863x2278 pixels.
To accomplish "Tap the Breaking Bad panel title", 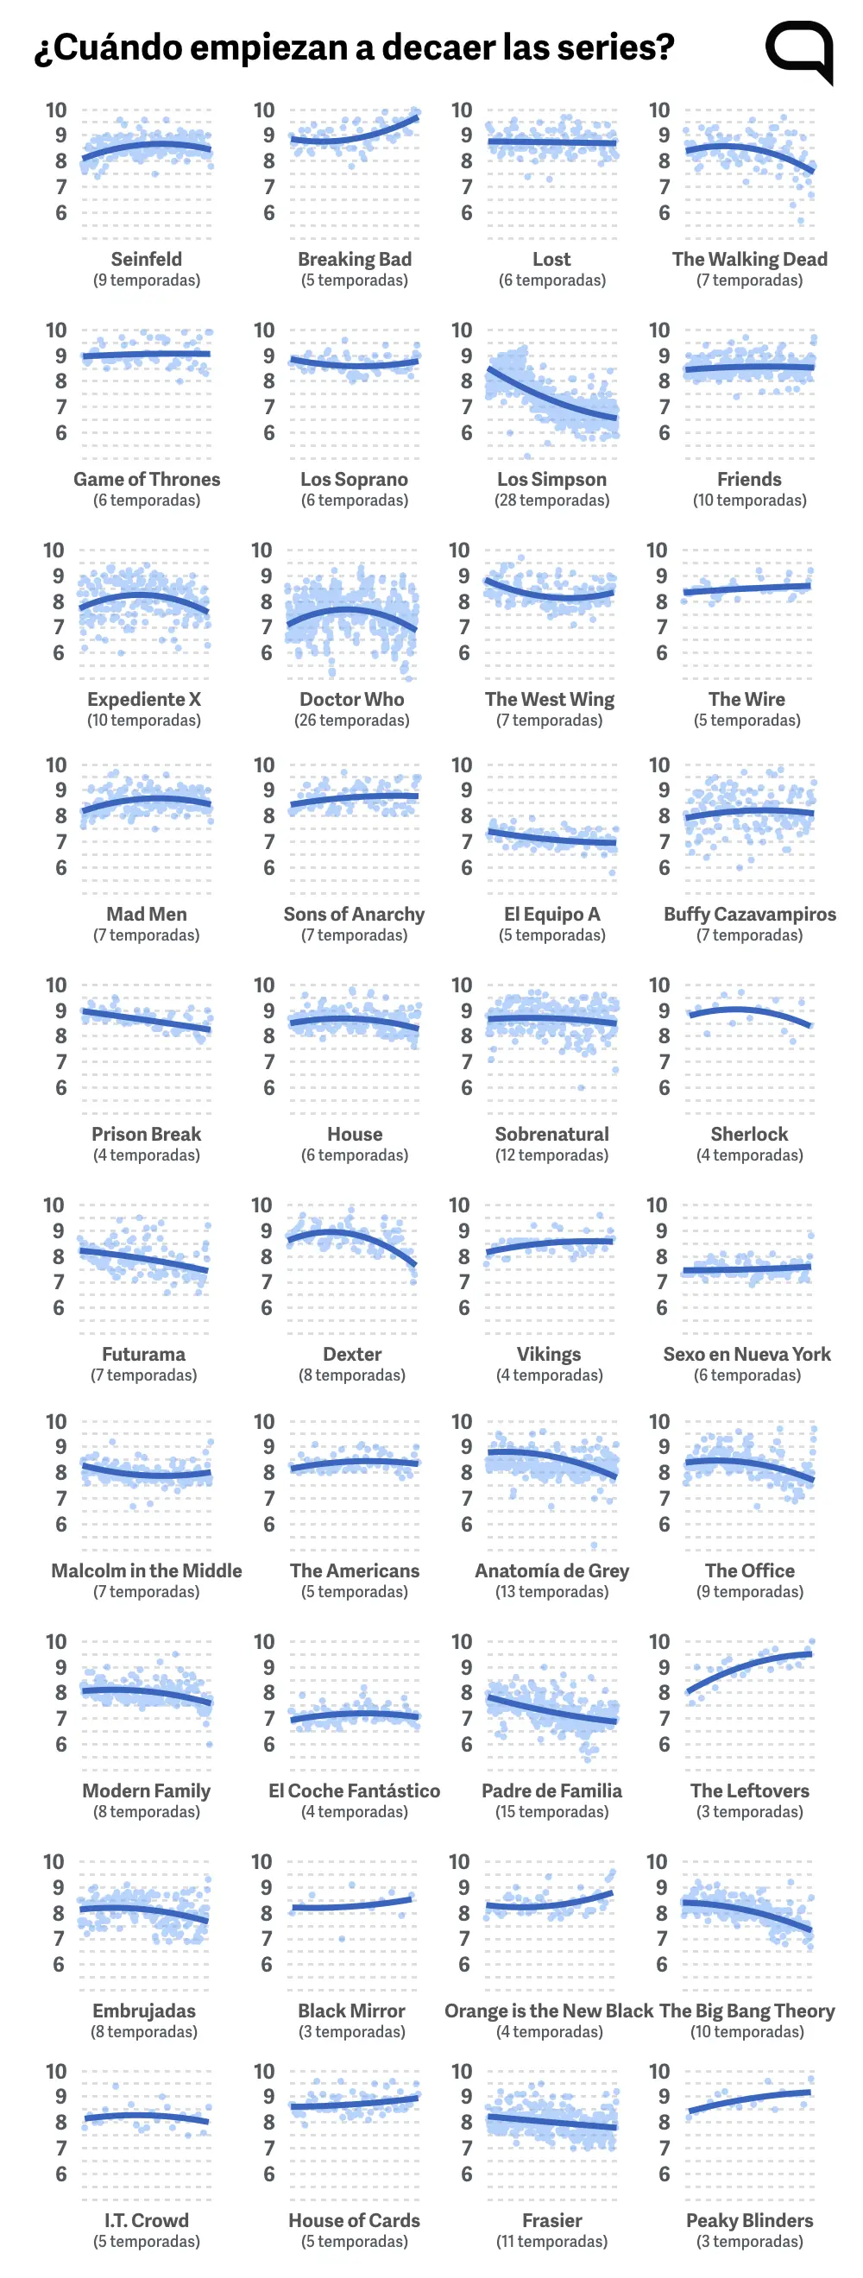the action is point(355,259).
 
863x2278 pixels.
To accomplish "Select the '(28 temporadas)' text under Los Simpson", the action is point(551,500).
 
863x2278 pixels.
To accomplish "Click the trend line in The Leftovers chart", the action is point(750,1665).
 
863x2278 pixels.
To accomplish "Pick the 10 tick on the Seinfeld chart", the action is point(56,110).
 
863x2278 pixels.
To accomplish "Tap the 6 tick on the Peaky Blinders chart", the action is point(664,2174).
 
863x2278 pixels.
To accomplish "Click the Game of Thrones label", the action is point(147,479).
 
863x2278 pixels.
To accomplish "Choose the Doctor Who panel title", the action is point(352,699).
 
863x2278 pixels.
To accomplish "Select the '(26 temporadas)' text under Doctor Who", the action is point(352,721).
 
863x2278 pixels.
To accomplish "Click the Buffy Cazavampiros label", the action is point(750,915).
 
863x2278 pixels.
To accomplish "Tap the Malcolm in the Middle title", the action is point(147,1570).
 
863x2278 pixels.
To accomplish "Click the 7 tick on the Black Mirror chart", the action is point(266,1938).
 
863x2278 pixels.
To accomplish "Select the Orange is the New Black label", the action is point(549,2011).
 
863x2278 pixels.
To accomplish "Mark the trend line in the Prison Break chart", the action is point(147,1020).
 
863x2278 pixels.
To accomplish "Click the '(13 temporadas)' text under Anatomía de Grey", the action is point(551,1592).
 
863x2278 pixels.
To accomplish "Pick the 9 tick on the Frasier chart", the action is point(467,2097).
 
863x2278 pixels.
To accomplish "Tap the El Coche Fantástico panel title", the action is point(355,1790).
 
